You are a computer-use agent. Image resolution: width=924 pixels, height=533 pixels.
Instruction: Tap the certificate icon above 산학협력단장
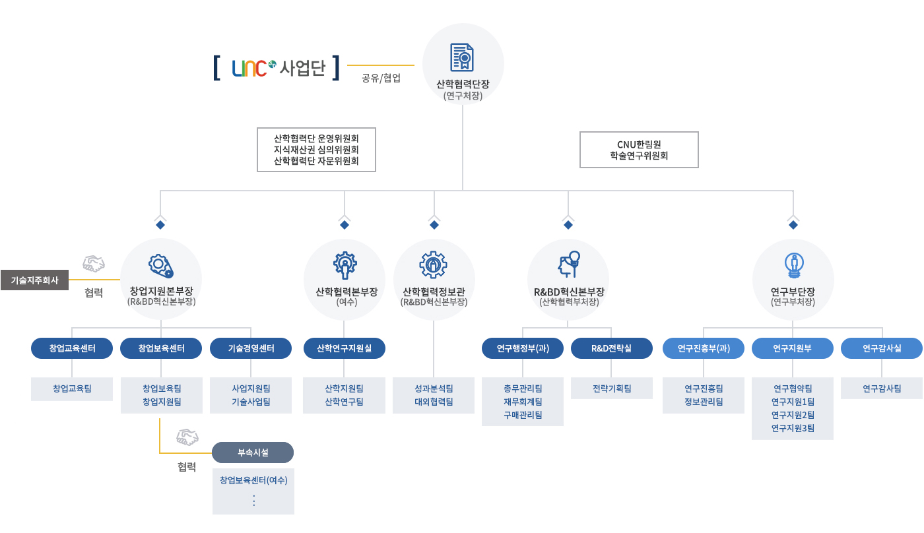pos(463,57)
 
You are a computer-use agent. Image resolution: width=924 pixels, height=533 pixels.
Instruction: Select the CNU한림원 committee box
pos(639,150)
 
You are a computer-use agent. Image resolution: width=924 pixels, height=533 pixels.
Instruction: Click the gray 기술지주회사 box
pos(34,280)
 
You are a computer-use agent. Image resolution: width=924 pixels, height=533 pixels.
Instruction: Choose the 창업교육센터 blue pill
pos(72,348)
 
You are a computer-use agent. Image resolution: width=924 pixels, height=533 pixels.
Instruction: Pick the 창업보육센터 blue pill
pos(161,348)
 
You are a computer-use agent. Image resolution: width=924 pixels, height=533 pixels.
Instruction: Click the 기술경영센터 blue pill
pos(251,348)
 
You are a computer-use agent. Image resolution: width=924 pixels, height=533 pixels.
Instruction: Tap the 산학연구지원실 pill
pos(344,348)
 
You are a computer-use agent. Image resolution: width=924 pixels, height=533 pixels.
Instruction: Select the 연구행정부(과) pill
pos(523,348)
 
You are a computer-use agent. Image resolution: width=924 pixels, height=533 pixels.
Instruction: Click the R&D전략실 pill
pos(611,348)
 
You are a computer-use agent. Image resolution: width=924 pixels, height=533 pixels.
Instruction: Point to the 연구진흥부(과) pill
pos(704,348)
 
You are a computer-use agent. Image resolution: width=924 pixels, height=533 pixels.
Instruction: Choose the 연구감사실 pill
pos(882,348)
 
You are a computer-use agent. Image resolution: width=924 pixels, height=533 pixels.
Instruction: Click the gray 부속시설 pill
pos(253,453)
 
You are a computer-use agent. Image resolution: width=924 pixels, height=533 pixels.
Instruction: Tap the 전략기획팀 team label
pos(611,389)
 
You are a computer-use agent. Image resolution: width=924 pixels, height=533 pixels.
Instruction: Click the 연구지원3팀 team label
pos(793,428)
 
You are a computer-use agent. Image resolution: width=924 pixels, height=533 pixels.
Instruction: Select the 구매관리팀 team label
pos(523,415)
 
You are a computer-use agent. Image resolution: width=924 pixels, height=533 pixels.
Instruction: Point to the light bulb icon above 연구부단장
pos(793,265)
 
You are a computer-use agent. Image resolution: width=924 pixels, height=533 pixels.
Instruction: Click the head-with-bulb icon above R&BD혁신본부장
pos(568,265)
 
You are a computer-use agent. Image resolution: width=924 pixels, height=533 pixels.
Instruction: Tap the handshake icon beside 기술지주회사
pos(94,265)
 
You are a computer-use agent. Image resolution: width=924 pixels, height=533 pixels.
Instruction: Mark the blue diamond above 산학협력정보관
pos(434,225)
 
